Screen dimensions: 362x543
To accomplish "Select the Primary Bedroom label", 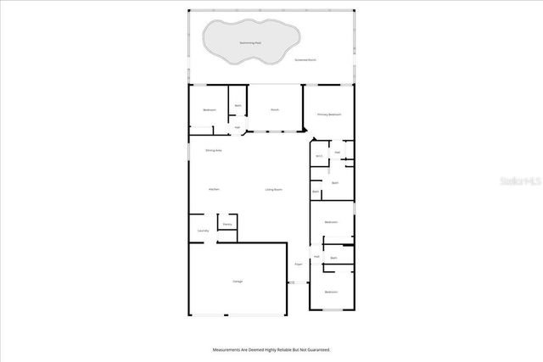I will [x=329, y=114].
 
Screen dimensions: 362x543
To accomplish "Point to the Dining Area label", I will [x=214, y=150].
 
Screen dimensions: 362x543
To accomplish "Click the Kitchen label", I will [x=214, y=189].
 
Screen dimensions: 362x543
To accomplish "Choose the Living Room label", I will [x=273, y=189].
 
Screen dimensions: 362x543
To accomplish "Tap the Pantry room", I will [x=227, y=224].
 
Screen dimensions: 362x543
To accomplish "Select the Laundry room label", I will [x=203, y=231].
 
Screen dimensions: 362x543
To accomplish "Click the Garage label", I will [x=238, y=281].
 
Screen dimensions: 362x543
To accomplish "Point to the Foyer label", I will [x=299, y=265].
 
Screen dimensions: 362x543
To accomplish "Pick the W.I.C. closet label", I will [x=319, y=156].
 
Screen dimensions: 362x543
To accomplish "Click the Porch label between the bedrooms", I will [x=275, y=110].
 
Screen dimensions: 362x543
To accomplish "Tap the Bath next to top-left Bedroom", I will [x=238, y=105].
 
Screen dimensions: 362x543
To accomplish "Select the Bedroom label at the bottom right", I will [x=331, y=292].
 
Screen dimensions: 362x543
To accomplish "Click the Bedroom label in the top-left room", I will [x=209, y=110].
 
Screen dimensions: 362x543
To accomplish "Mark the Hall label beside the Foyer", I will [x=316, y=256].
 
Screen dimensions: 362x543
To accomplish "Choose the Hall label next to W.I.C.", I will [x=337, y=153].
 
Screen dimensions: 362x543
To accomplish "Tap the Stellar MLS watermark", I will [x=518, y=181].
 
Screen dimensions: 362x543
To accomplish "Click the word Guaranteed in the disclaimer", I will [x=316, y=349].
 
